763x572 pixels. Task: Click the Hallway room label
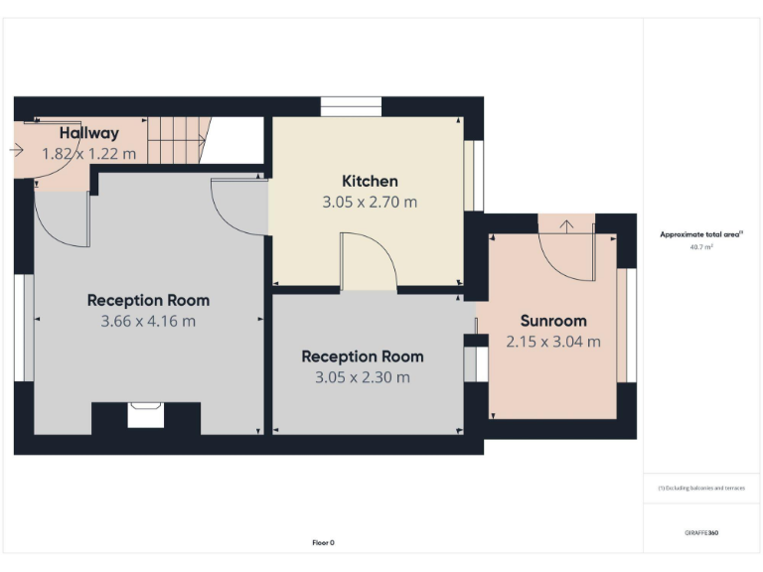(x=88, y=133)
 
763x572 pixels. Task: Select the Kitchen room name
(x=370, y=181)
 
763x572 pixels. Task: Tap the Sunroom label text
(x=553, y=321)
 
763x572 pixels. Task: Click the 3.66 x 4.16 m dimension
(x=148, y=321)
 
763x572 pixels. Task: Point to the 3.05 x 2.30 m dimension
(x=362, y=377)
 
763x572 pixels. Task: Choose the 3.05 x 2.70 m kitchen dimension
(x=370, y=202)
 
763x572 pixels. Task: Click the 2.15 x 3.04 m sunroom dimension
(x=553, y=342)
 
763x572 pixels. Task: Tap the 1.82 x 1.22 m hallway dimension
(x=88, y=154)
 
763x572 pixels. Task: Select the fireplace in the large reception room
(x=146, y=414)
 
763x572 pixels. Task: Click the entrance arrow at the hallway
(x=16, y=150)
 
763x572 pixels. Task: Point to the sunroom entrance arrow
(x=566, y=225)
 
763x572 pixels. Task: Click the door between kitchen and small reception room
(x=369, y=263)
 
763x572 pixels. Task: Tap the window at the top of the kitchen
(x=352, y=106)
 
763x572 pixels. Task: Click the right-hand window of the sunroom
(x=626, y=325)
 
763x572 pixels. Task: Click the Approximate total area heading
(x=701, y=234)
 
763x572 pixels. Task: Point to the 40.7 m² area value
(x=701, y=246)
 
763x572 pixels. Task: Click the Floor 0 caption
(x=323, y=543)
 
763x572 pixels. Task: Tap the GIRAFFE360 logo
(x=701, y=533)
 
